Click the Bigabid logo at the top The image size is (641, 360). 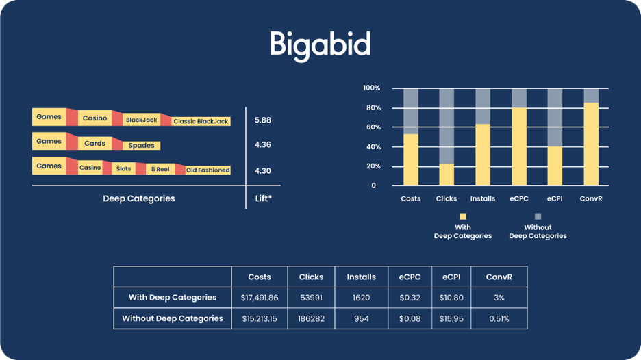point(320,45)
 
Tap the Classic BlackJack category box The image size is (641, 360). point(201,121)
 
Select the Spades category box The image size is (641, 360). point(142,146)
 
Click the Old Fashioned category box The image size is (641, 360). point(208,170)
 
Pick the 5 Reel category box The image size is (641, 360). point(160,169)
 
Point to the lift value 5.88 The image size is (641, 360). point(262,120)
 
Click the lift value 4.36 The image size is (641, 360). point(262,144)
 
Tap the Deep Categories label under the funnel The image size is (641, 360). point(139,198)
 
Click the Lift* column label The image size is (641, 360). point(263,198)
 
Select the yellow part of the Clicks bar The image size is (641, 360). point(447,175)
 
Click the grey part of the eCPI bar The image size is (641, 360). point(555,118)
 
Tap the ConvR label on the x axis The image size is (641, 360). point(591,198)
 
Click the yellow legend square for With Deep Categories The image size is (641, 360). point(463,216)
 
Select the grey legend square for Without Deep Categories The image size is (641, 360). point(538,216)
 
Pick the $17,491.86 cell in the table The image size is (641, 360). point(260,298)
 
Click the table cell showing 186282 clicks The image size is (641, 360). point(311,318)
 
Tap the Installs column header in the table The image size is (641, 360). point(362,277)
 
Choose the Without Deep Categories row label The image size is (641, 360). point(173,318)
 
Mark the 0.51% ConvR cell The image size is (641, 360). point(499,318)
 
